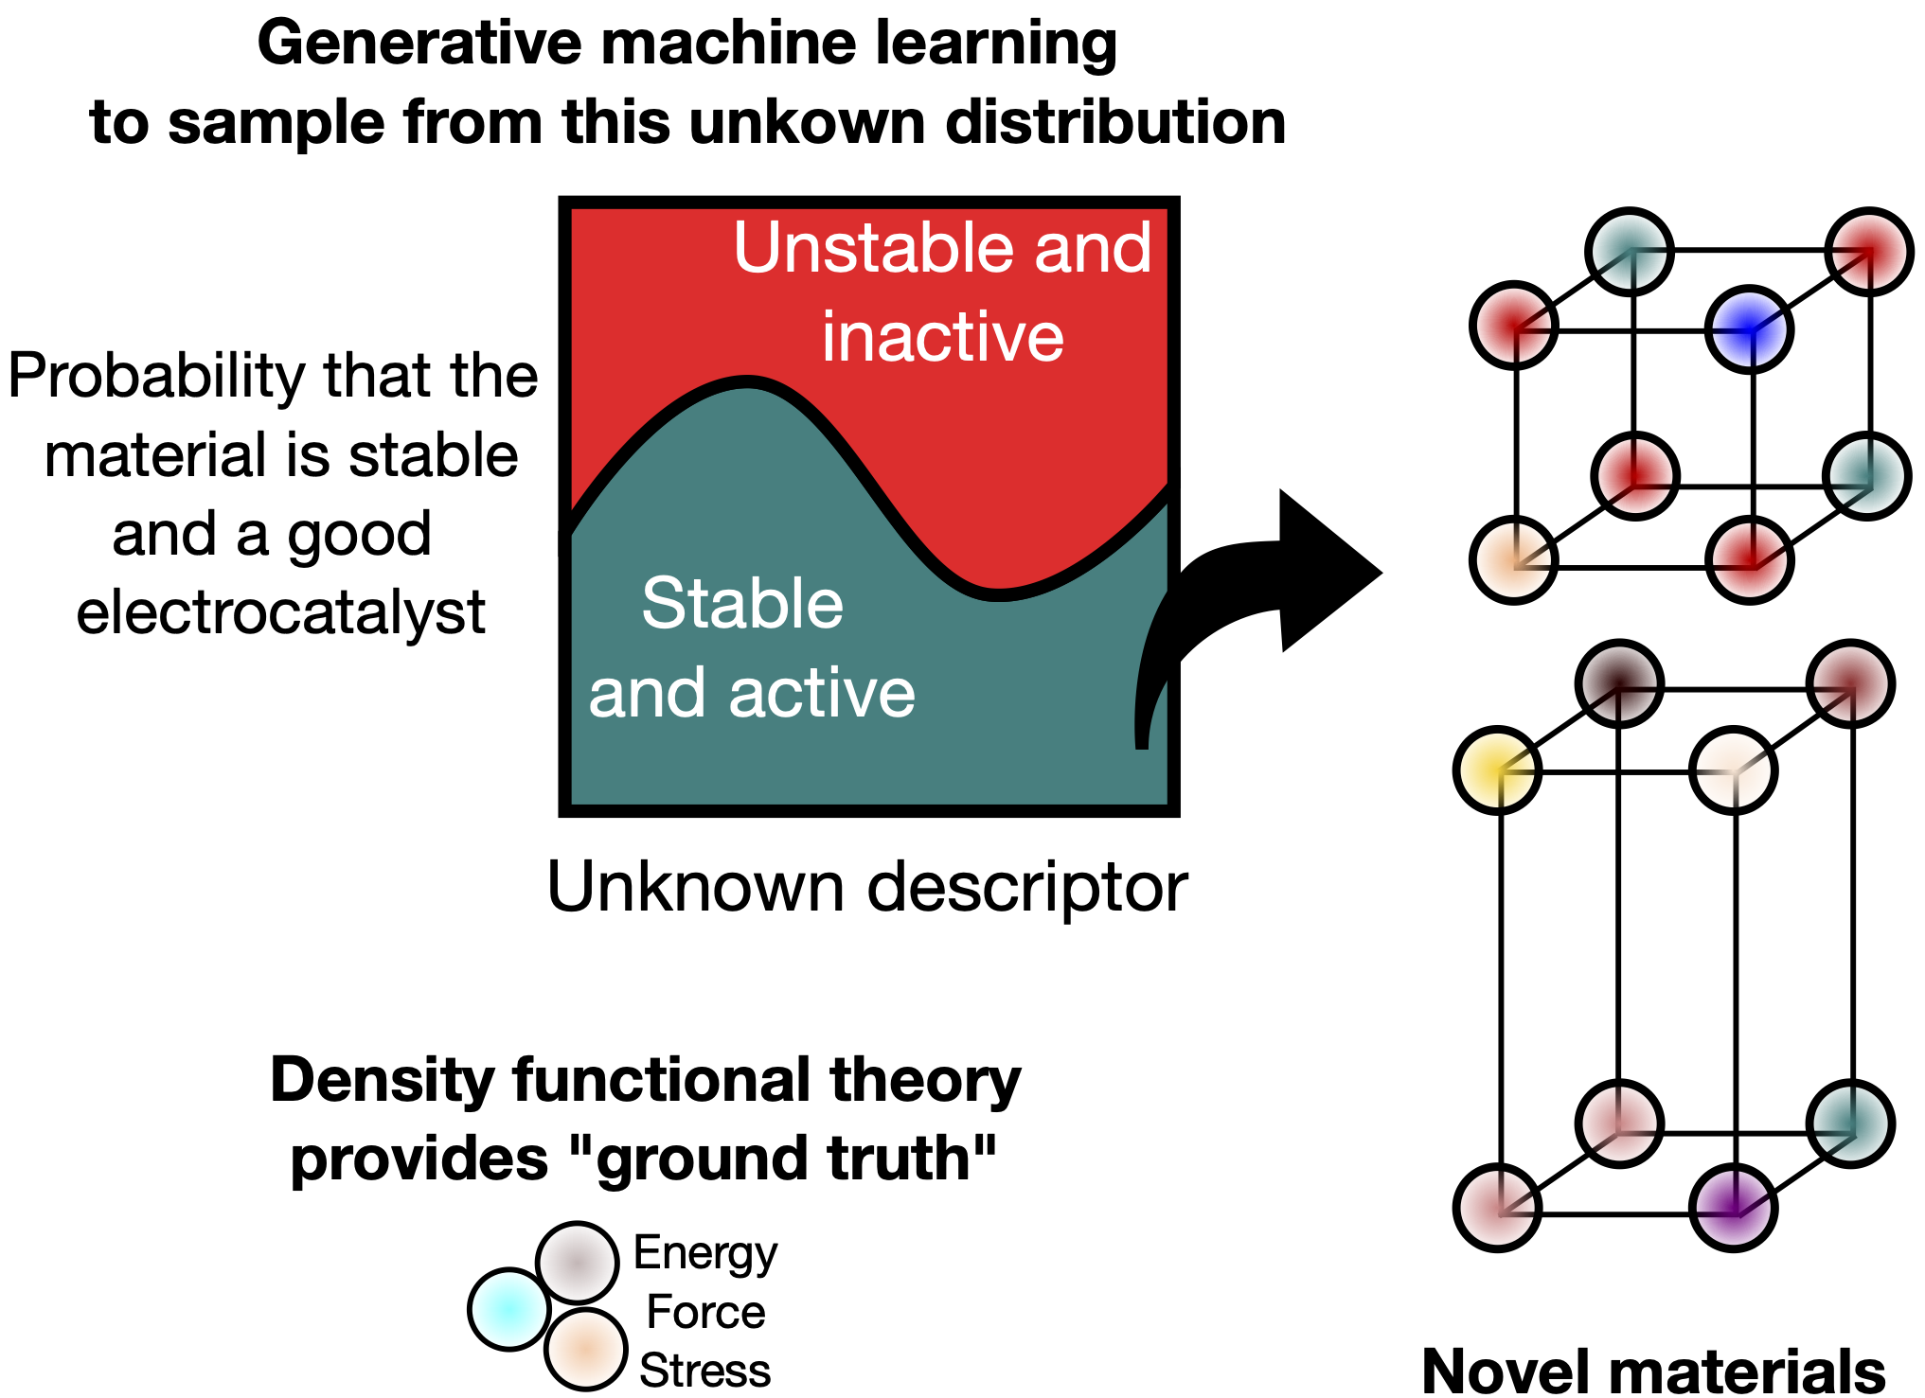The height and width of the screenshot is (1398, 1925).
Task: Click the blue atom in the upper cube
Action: (1749, 329)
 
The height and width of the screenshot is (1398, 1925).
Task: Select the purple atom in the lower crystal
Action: (1733, 1208)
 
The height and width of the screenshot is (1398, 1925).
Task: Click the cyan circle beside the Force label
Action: (509, 1309)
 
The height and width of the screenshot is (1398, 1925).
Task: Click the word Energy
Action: (704, 1254)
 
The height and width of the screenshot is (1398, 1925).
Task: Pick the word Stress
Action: (704, 1371)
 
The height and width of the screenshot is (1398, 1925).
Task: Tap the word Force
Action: (705, 1312)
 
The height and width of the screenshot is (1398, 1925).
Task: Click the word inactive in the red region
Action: (942, 337)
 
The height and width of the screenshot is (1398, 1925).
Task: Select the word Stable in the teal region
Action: (742, 603)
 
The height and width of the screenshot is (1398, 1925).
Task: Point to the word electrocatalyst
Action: (280, 612)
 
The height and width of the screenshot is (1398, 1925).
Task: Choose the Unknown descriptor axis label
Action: (866, 887)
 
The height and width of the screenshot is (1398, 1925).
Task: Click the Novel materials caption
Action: (1652, 1371)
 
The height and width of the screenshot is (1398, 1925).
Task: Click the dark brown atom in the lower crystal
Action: (1619, 683)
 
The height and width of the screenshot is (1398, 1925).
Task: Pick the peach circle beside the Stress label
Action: (586, 1350)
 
